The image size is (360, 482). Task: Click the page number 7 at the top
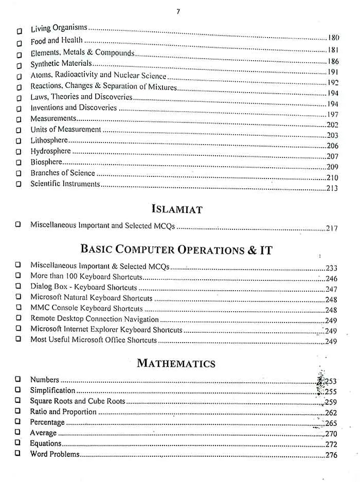click(x=178, y=11)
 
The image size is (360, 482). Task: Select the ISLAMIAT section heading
click(x=177, y=209)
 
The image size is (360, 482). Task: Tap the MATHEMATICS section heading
click(x=176, y=364)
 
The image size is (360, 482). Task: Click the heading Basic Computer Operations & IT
click(x=176, y=250)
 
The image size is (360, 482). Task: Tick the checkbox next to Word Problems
click(x=18, y=454)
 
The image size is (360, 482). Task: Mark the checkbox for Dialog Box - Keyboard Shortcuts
click(x=18, y=287)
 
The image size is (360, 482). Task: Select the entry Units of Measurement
click(x=65, y=129)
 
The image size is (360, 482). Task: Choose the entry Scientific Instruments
click(x=65, y=184)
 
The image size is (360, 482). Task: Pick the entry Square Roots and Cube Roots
click(x=77, y=401)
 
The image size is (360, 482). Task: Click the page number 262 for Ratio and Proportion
click(x=331, y=413)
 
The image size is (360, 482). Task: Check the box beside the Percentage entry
click(x=18, y=422)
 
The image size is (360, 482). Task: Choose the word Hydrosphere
click(x=50, y=151)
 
